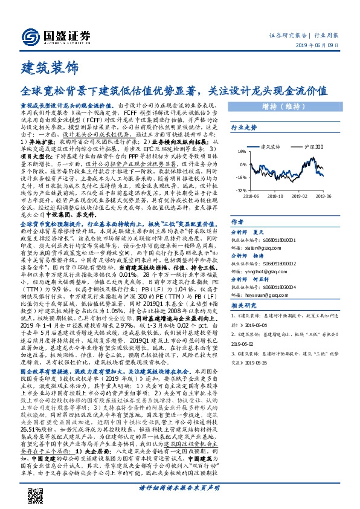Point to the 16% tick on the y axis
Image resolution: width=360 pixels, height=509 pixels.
(242, 152)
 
